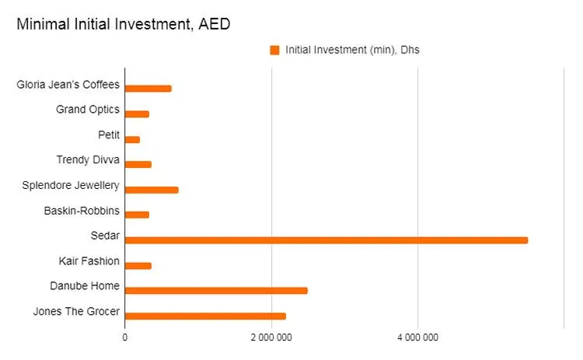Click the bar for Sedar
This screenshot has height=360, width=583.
click(x=326, y=240)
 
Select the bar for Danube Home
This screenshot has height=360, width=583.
click(x=216, y=291)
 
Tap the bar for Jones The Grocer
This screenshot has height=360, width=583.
click(x=205, y=316)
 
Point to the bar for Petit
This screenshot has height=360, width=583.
click(x=132, y=139)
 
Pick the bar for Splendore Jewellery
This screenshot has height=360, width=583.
click(x=152, y=190)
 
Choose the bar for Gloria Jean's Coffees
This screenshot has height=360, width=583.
click(x=148, y=89)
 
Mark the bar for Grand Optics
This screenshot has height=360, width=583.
click(x=137, y=114)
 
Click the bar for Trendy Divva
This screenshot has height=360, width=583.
click(x=138, y=164)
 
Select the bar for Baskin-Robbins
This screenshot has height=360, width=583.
click(x=137, y=215)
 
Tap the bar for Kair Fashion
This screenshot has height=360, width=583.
click(x=138, y=265)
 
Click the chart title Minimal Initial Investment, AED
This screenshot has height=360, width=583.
click(x=123, y=24)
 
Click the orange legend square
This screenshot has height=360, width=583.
click(x=274, y=51)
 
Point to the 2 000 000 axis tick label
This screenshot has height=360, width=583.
click(x=271, y=337)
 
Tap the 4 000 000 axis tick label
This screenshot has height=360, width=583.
click(x=418, y=337)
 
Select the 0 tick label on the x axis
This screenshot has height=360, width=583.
click(x=125, y=337)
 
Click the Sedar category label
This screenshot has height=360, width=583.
click(x=105, y=236)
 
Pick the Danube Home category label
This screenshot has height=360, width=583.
click(x=85, y=286)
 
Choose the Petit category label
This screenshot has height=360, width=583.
click(x=109, y=135)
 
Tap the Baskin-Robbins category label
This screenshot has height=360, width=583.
click(x=82, y=210)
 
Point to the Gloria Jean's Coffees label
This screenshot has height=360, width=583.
click(x=68, y=84)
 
